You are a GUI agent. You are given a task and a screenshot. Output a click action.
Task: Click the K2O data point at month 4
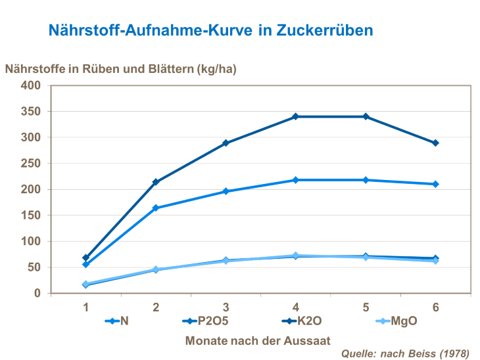[296, 116]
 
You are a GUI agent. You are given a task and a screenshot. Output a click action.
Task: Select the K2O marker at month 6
[435, 143]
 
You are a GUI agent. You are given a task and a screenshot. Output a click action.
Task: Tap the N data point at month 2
[156, 208]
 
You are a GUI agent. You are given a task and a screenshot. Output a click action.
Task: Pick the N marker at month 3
[226, 191]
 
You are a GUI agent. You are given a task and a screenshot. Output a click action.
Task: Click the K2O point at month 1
[86, 258]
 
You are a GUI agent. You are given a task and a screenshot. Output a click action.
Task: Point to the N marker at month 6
[435, 184]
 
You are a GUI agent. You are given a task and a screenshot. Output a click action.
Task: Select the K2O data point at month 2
[156, 182]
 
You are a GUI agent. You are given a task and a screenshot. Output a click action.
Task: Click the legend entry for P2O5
[204, 321]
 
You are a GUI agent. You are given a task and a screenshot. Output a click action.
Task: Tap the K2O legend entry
[302, 321]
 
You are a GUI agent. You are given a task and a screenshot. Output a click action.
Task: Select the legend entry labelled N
[119, 321]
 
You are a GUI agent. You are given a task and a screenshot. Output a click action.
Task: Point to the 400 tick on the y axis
[32, 85]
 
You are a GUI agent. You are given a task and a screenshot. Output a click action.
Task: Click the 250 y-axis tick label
[32, 164]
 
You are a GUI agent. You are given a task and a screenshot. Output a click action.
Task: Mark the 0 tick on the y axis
[37, 293]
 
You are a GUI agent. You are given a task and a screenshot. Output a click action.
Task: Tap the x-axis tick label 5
[366, 307]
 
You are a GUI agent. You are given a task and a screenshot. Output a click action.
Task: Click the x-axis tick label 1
[86, 307]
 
